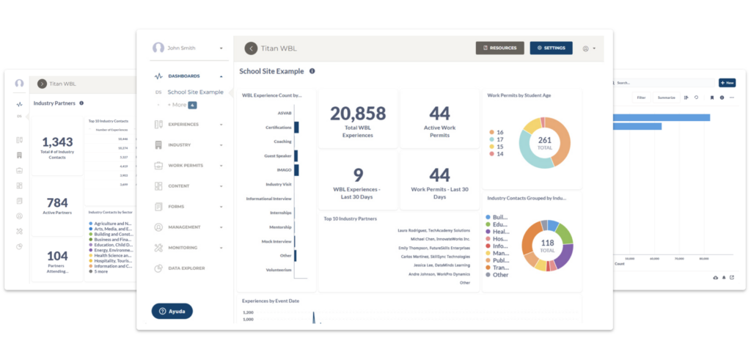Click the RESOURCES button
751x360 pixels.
pos(499,48)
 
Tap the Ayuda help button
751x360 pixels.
pos(172,311)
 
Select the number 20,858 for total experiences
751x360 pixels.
pos(358,113)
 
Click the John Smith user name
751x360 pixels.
pos(181,48)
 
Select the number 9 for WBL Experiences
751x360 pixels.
pos(358,175)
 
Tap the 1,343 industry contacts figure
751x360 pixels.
pos(57,142)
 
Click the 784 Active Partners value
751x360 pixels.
pos(57,202)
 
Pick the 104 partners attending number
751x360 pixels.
pos(57,257)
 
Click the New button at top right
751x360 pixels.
pos(727,83)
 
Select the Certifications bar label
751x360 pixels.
pos(278,128)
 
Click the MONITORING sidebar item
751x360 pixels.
pos(189,248)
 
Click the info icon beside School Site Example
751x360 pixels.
pos(312,71)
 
